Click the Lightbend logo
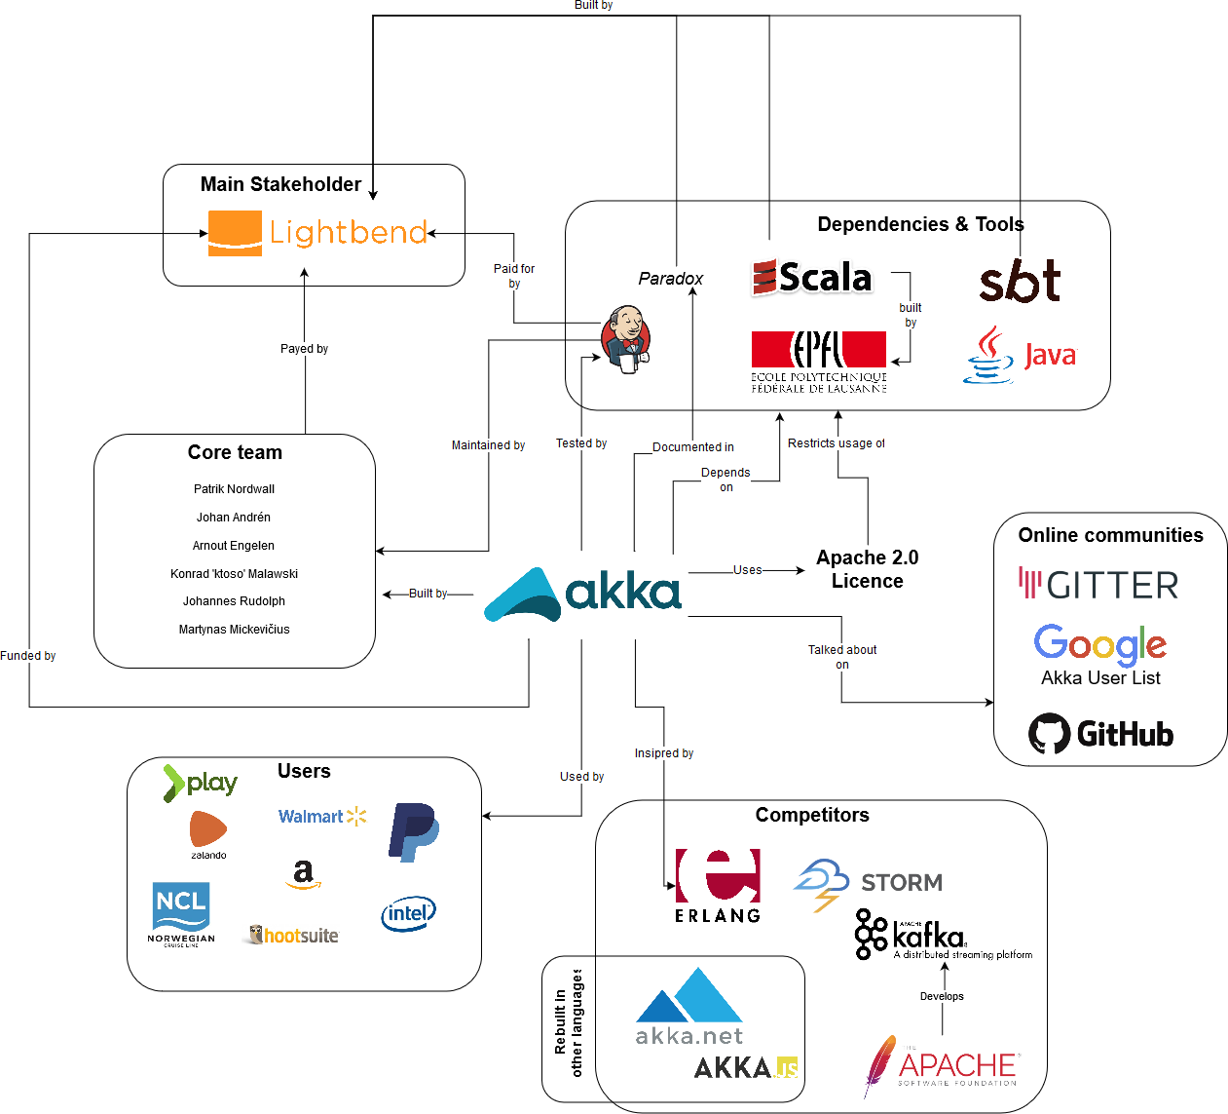[317, 233]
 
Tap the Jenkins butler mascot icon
[625, 338]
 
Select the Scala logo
[812, 278]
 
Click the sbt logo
[1020, 282]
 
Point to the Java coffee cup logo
[1020, 355]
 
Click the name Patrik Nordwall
[234, 489]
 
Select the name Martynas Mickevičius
[234, 630]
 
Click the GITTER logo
[1098, 585]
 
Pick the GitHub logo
[1101, 734]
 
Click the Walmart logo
[322, 817]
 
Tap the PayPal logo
[414, 831]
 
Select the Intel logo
[408, 914]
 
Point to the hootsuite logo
[294, 936]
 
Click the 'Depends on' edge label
[726, 480]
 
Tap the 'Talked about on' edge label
[842, 657]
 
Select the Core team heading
[235, 452]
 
